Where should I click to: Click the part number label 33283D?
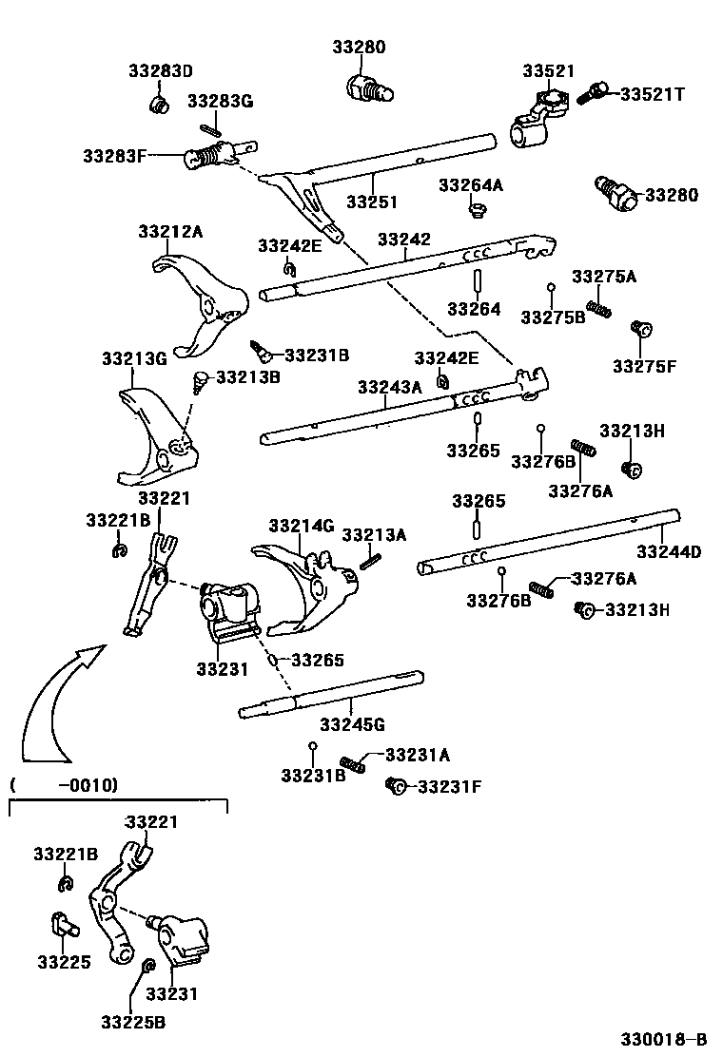(161, 71)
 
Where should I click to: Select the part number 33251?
(371, 202)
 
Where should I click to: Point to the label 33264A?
(471, 185)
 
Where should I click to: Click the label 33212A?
(170, 231)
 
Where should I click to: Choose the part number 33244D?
(669, 551)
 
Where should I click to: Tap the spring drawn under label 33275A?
(597, 309)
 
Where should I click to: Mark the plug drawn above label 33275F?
(641, 330)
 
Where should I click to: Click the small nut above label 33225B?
(147, 967)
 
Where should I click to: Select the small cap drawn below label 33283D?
(160, 101)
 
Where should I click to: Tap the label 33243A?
(389, 387)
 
